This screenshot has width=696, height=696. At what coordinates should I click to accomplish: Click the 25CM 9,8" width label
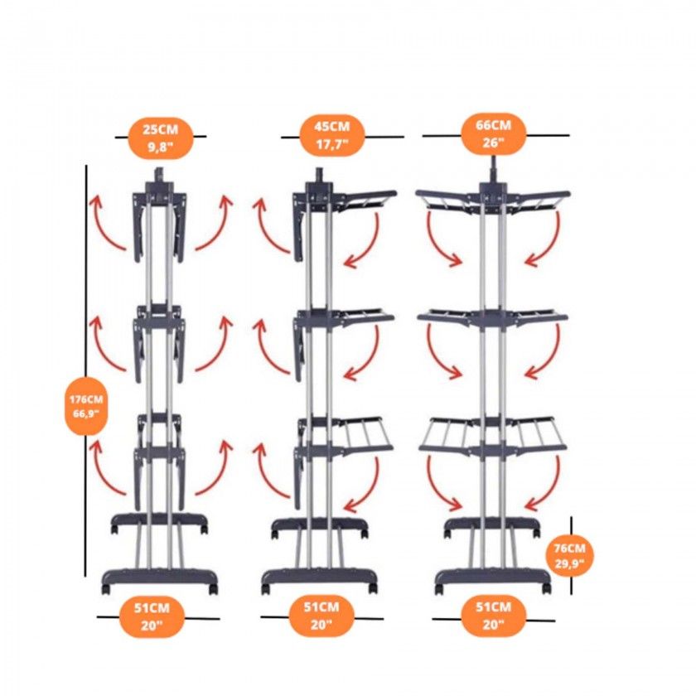click(x=160, y=138)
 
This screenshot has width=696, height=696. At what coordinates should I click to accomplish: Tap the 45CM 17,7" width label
click(x=332, y=136)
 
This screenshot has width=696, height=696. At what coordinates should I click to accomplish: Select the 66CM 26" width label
click(x=494, y=133)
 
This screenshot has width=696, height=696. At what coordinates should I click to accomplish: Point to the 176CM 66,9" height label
click(x=86, y=406)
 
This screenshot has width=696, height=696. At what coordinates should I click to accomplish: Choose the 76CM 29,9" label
click(x=569, y=556)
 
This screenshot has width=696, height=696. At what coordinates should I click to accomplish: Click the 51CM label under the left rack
click(x=152, y=617)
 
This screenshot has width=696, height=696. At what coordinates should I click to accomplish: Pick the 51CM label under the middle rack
click(x=321, y=616)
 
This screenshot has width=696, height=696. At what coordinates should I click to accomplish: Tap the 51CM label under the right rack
click(x=494, y=616)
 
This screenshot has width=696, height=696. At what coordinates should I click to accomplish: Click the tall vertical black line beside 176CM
click(x=85, y=370)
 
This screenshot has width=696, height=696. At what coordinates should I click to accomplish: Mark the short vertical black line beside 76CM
click(x=571, y=555)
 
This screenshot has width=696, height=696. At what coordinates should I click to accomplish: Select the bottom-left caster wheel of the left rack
click(x=106, y=589)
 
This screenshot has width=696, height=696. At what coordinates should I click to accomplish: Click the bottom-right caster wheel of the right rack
click(x=546, y=588)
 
